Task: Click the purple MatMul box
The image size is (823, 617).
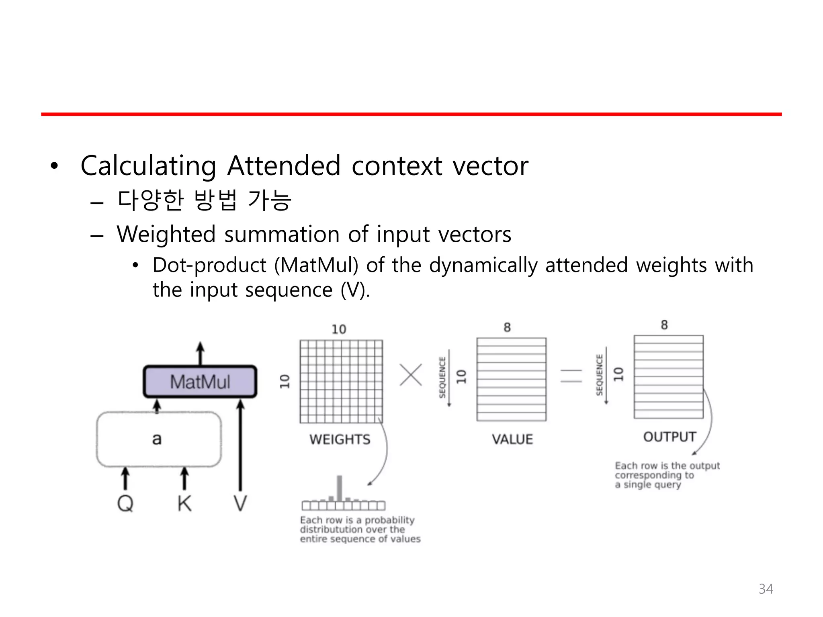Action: click(200, 382)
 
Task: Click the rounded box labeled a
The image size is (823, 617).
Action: click(159, 439)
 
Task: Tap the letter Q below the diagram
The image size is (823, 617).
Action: click(125, 503)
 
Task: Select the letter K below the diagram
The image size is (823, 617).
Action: click(184, 503)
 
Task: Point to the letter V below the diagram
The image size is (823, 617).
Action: click(240, 503)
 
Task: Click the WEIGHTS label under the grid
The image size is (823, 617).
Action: click(340, 439)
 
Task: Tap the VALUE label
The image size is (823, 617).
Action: click(512, 439)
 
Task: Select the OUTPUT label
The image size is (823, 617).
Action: click(669, 437)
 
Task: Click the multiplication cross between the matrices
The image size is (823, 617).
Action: click(411, 375)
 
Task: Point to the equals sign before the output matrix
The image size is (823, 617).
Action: click(571, 376)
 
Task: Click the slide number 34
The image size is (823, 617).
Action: click(766, 589)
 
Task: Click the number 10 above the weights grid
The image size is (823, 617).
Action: click(339, 329)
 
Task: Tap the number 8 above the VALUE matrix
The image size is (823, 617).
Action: click(507, 327)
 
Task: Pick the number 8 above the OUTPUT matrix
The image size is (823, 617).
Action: click(664, 325)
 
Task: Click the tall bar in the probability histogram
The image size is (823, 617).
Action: click(340, 488)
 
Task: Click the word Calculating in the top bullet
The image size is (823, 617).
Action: click(148, 166)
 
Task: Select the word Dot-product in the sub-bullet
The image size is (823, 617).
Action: click(209, 265)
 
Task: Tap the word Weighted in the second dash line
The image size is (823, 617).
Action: click(166, 234)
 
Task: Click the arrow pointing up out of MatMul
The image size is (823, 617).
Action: click(200, 353)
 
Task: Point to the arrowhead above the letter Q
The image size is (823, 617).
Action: click(125, 472)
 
